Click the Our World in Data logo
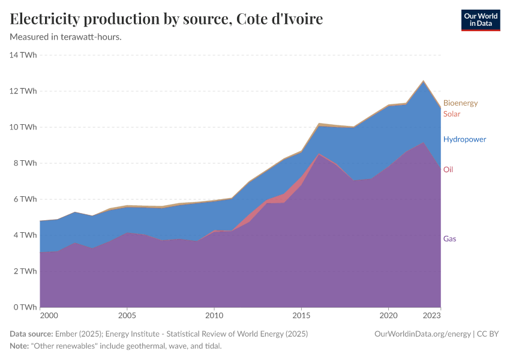pos(480,20)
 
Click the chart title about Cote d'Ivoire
pos(166,19)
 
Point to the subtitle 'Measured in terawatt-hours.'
pos(66,37)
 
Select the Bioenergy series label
pos(460,103)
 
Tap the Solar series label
pos(452,113)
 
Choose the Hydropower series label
pos(464,139)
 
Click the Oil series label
pos(448,170)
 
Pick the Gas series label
pos(450,239)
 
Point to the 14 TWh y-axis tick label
pos(23,55)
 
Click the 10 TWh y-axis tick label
pos(23,127)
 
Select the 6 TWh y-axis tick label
pos(25,199)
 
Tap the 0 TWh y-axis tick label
pos(25,307)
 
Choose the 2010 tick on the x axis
pos(214,316)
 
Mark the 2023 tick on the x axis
pos(432,316)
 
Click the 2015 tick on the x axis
pos(301,316)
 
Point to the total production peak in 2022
pos(424,80)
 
